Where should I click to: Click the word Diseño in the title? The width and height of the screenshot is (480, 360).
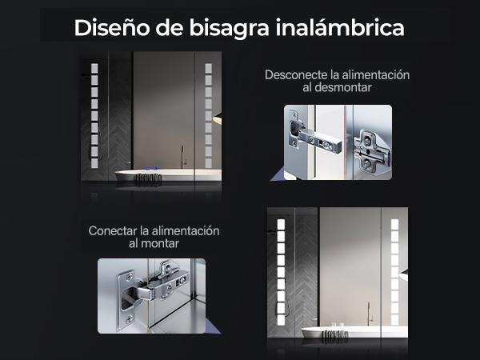[x=112, y=27]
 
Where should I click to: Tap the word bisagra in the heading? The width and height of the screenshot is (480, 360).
[x=229, y=28]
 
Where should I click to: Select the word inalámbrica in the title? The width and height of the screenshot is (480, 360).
[x=340, y=27]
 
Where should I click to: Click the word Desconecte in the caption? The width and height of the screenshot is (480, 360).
[x=296, y=75]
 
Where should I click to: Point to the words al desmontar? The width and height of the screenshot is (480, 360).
[x=337, y=87]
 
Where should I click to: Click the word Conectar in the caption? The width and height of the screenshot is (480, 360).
[x=113, y=231]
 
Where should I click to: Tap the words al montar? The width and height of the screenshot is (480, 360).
[x=154, y=244]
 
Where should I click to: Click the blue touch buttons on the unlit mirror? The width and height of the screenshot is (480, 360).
[x=151, y=168]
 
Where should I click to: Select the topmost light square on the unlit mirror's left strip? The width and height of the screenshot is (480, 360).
[x=94, y=68]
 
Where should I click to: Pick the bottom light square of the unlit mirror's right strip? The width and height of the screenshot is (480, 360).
[x=209, y=163]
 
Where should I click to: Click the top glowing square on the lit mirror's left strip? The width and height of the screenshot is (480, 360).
[x=281, y=224]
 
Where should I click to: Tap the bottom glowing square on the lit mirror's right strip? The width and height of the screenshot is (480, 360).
[x=394, y=320]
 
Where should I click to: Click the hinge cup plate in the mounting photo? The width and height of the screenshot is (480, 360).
[x=126, y=299]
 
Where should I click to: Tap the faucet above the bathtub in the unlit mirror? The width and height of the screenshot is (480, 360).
[x=183, y=157]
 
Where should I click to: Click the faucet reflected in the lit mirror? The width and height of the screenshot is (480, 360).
[x=370, y=314]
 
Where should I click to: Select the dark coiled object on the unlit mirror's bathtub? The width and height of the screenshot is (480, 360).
[x=149, y=180]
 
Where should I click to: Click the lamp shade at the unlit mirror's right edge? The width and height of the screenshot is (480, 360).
[x=217, y=118]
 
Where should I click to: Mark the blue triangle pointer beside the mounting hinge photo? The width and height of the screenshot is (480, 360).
[x=212, y=327]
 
